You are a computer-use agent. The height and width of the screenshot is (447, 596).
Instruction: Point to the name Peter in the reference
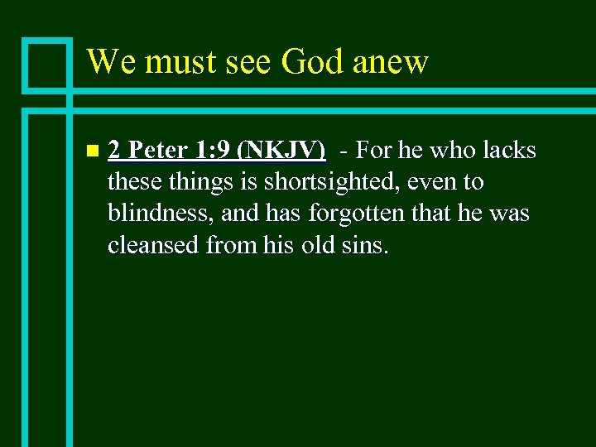tap(159, 151)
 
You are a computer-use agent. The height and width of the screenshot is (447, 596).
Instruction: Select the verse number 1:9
tap(212, 151)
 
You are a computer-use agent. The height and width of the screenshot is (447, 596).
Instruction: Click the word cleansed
tap(153, 244)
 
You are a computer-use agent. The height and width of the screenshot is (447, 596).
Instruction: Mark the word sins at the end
tap(365, 244)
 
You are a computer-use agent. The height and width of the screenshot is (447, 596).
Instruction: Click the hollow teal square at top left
tap(47, 63)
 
